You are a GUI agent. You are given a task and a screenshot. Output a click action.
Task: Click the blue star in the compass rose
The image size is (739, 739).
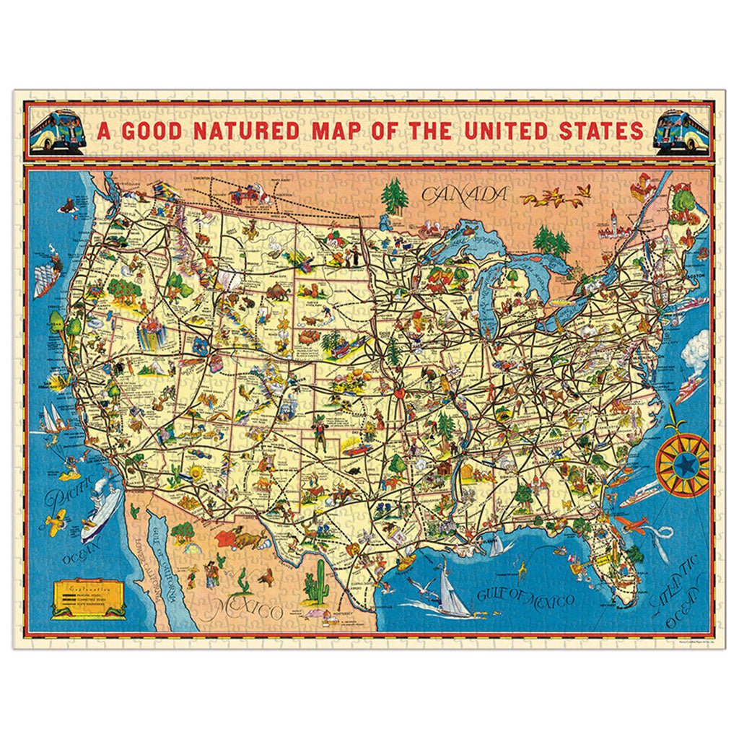[681, 465]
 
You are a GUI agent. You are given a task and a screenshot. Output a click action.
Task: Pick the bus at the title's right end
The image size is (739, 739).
[681, 131]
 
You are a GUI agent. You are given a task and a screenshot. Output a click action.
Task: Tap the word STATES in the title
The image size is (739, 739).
[585, 131]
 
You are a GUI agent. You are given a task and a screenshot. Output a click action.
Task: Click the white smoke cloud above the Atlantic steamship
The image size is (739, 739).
[696, 354]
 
